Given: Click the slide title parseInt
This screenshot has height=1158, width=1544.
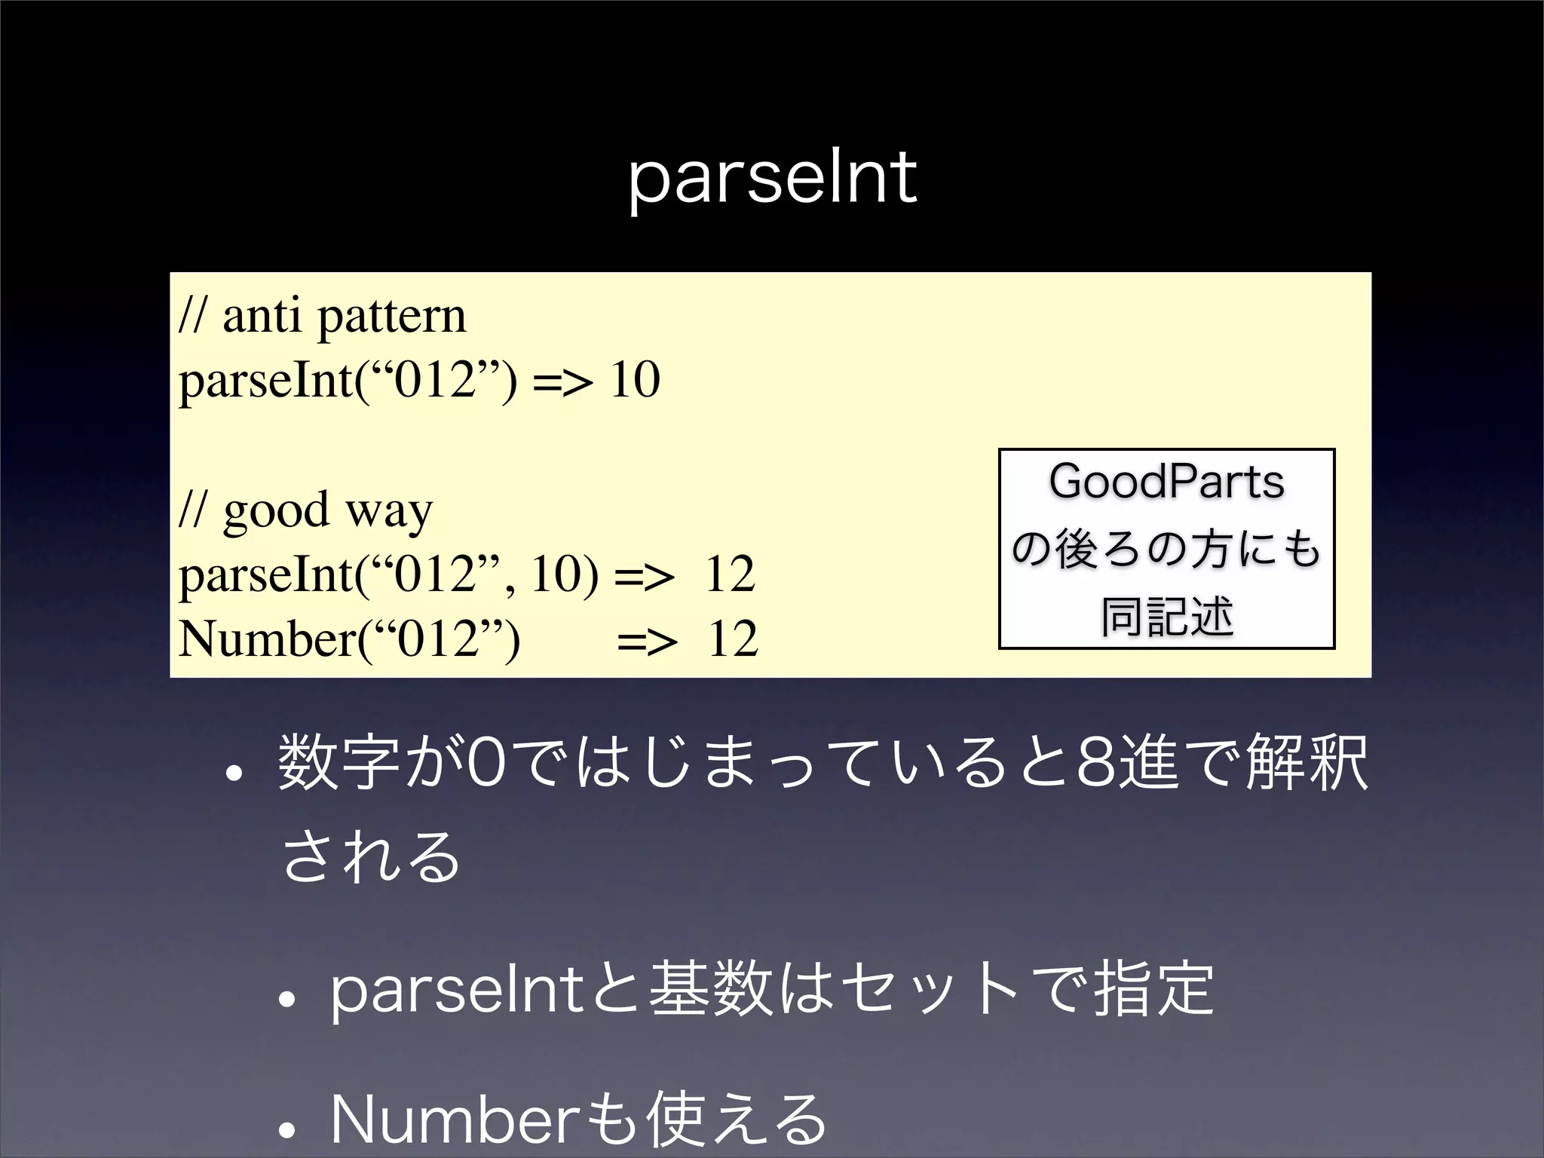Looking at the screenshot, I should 772,179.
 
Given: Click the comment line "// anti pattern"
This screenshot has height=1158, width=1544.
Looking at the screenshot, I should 323,316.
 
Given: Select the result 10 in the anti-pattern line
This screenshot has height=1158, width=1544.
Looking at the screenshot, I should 635,380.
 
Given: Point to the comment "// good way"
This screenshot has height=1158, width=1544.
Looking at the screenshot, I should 306,510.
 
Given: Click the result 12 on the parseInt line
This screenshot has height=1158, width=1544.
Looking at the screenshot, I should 729,574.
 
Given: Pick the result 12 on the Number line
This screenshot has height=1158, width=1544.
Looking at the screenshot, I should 732,639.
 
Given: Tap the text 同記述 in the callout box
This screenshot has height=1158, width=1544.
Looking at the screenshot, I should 1166,617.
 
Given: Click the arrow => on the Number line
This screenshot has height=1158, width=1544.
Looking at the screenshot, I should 647,641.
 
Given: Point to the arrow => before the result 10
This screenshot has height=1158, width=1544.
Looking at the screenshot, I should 562,381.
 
